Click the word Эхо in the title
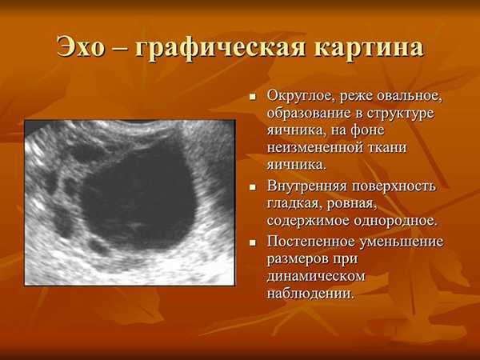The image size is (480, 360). click(x=81, y=46)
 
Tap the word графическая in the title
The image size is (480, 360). click(x=220, y=49)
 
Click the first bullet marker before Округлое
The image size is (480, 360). click(x=253, y=98)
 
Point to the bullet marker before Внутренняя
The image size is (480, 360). click(x=253, y=188)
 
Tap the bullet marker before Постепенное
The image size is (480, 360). click(x=253, y=243)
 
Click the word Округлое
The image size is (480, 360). click(x=298, y=97)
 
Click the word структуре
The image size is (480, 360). click(x=401, y=114)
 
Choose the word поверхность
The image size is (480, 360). click(x=394, y=186)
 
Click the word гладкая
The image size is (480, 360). click(x=294, y=204)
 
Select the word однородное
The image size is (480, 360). click(x=394, y=221)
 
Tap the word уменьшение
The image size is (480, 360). click(x=401, y=242)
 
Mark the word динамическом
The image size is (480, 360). click(x=316, y=277)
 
